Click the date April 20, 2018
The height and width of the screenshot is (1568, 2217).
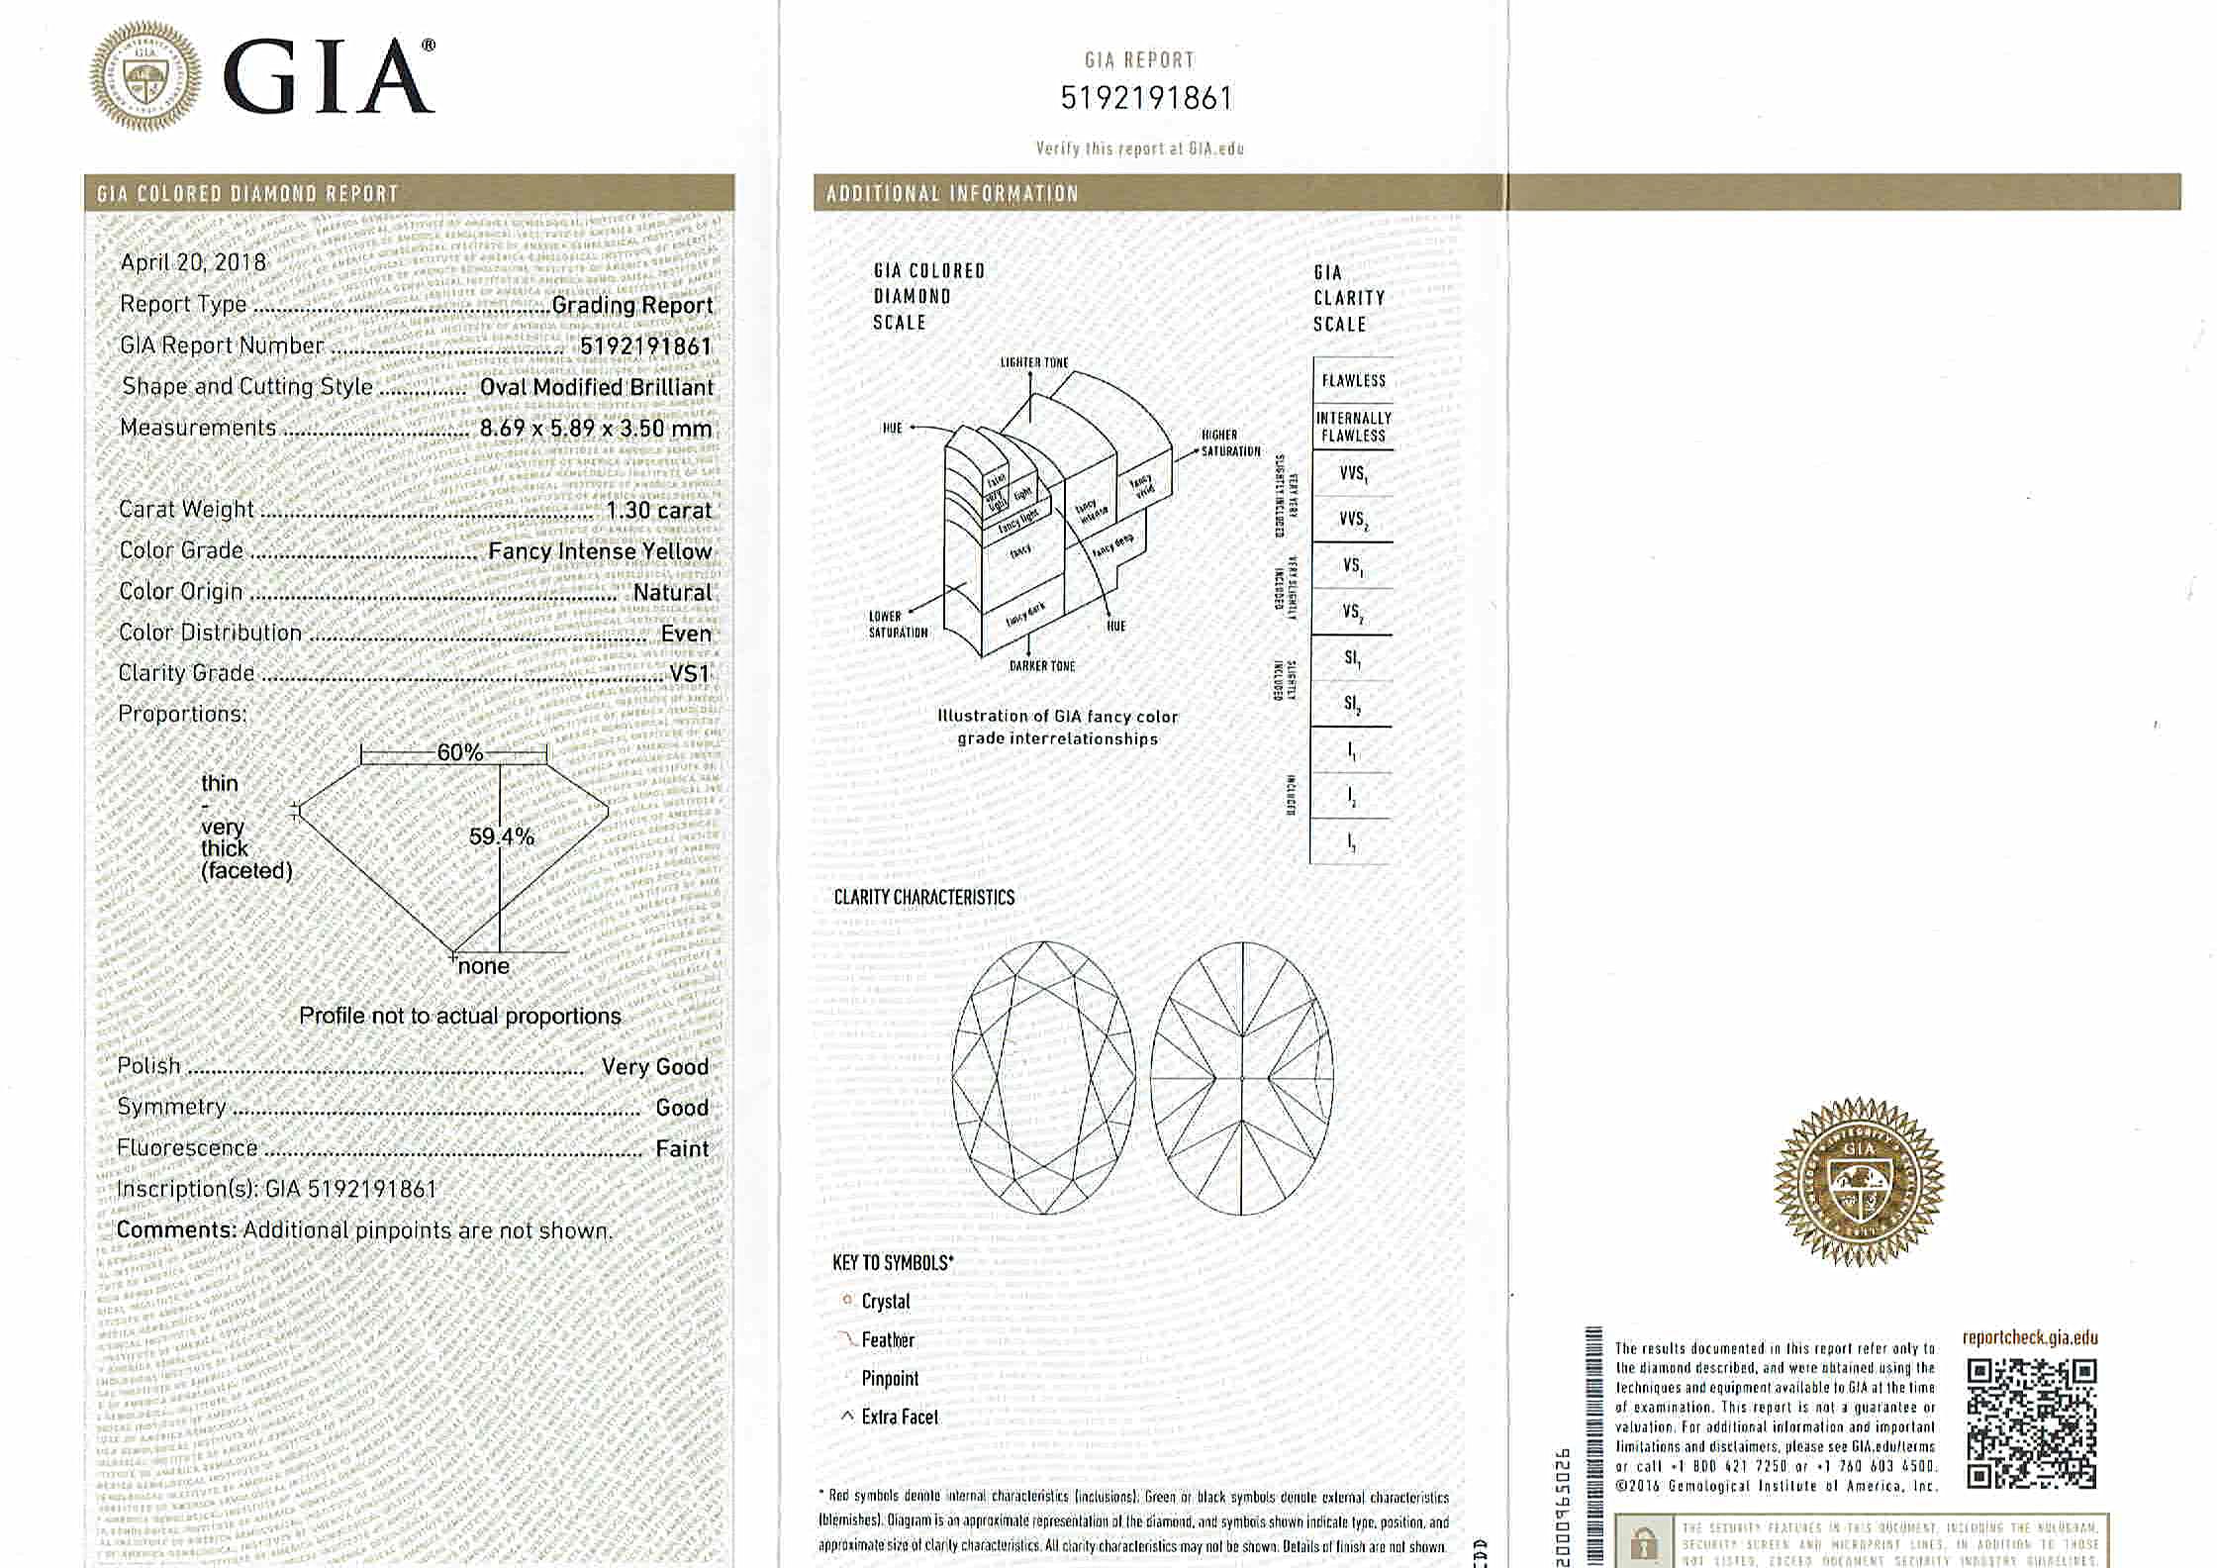point(193,262)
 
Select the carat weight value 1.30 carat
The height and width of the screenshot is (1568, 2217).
point(658,511)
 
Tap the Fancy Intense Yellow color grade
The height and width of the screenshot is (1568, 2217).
point(600,551)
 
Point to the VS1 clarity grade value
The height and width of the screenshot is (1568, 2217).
point(690,674)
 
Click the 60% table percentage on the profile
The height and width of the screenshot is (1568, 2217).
point(460,753)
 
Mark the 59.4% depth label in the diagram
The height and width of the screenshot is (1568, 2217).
point(501,837)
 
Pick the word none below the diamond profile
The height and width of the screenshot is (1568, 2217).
point(484,967)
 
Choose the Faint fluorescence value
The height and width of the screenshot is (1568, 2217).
point(682,1149)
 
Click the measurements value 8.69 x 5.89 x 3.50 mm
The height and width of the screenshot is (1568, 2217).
point(596,429)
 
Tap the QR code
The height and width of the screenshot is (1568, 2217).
point(2031,1423)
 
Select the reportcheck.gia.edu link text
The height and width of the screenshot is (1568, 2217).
point(2030,1338)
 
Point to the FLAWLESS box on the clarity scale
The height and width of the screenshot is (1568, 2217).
point(1353,380)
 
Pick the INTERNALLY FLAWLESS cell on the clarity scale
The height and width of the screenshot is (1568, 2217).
point(1353,427)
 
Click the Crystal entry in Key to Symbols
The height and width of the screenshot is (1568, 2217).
point(885,1302)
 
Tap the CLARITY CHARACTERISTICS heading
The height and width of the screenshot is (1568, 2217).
point(923,898)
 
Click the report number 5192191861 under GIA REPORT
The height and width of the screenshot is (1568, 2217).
point(1146,99)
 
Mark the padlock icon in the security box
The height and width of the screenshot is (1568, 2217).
point(1644,1543)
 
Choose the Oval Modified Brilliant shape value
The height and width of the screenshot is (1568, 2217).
point(596,388)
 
